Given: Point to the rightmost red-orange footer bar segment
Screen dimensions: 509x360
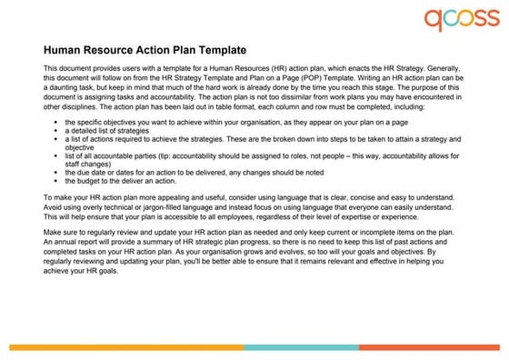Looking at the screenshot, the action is (x=428, y=347).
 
